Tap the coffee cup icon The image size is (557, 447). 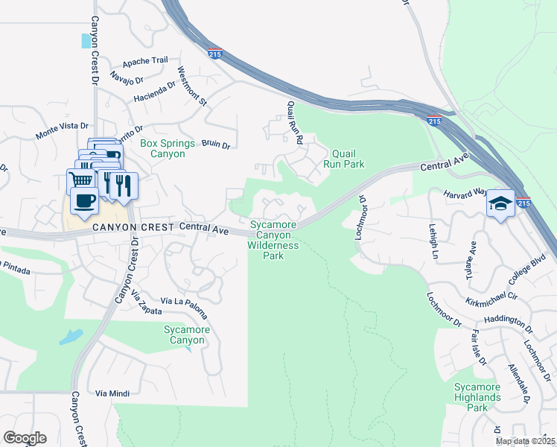tap(83, 201)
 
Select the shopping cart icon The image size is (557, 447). tap(80, 180)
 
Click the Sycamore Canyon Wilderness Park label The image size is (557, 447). tap(273, 240)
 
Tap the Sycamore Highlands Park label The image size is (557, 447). tap(477, 397)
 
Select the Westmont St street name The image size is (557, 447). tap(191, 87)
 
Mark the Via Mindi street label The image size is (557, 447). tap(112, 393)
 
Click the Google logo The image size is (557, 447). tap(25, 438)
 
